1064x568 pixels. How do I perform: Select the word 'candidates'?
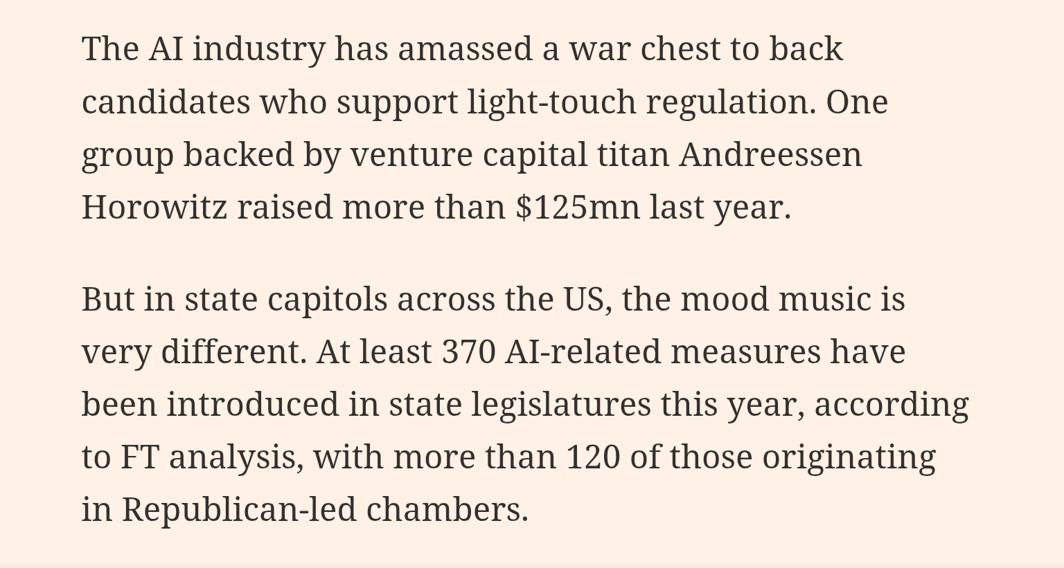click(x=166, y=102)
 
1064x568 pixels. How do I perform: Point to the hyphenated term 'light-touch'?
click(x=551, y=102)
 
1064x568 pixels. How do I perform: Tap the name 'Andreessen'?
click(x=770, y=155)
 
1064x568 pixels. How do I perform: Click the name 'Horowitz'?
click(x=154, y=207)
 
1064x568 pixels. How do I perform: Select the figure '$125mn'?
click(x=578, y=207)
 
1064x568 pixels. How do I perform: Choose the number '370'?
click(x=468, y=351)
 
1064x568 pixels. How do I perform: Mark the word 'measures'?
click(x=745, y=351)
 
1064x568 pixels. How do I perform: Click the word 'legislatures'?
click(x=561, y=405)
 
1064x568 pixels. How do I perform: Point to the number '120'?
click(x=593, y=457)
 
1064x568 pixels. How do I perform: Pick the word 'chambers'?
click(x=446, y=510)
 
